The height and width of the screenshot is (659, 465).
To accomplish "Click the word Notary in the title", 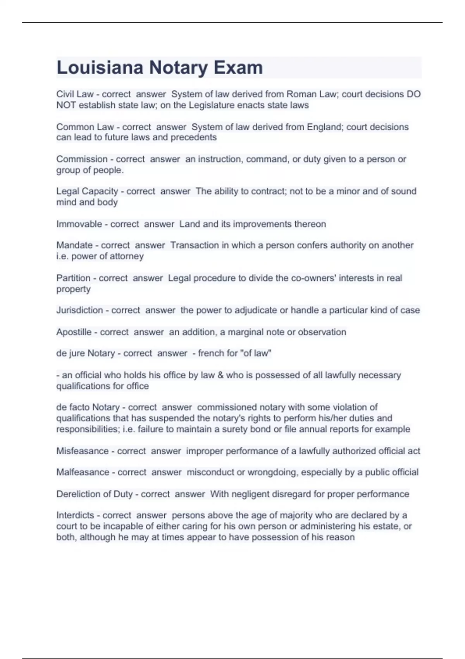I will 179,67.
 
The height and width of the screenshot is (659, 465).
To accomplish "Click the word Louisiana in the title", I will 100,67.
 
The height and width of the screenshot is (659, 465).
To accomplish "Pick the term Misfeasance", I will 82,451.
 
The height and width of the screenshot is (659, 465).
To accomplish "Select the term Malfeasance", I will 83,472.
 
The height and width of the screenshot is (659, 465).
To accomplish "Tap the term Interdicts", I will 75,515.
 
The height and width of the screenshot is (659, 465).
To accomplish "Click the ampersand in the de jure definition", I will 220,375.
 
